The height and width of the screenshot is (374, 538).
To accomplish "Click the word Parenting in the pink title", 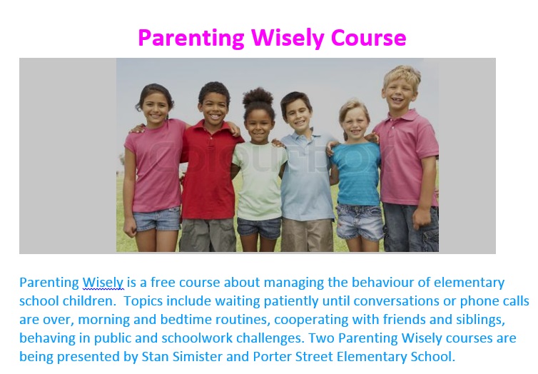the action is pos(191,39).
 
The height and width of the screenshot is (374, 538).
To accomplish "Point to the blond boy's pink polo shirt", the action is pos(407,158).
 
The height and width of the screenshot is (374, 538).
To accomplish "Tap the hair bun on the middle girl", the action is pos(258,96).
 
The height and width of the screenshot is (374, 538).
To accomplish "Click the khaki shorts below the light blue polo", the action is pos(307,235).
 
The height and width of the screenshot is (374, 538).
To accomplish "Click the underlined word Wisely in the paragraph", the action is pos(103,283).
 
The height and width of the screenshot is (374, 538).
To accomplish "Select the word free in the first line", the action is pos(163,282).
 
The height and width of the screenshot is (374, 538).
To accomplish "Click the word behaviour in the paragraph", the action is pos(382,282).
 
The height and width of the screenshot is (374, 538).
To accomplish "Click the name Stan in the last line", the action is pos(155,356).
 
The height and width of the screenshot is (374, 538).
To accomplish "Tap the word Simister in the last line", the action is pos(198,356).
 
